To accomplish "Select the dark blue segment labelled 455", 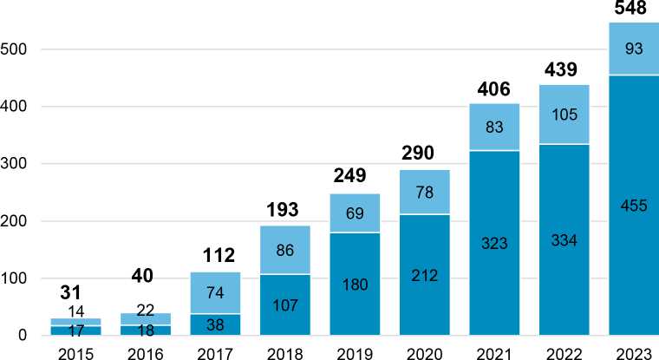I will click(x=634, y=205).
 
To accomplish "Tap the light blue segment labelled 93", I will click(x=634, y=49).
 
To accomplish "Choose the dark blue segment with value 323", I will click(x=493, y=243).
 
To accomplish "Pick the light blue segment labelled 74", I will click(x=214, y=292).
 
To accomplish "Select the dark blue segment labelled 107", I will click(x=284, y=305).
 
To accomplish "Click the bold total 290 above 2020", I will click(x=424, y=153).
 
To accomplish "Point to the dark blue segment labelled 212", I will click(x=424, y=275).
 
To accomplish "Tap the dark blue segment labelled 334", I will click(x=564, y=239).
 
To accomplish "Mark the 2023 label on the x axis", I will click(x=634, y=351).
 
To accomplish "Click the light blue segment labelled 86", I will click(x=284, y=250).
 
